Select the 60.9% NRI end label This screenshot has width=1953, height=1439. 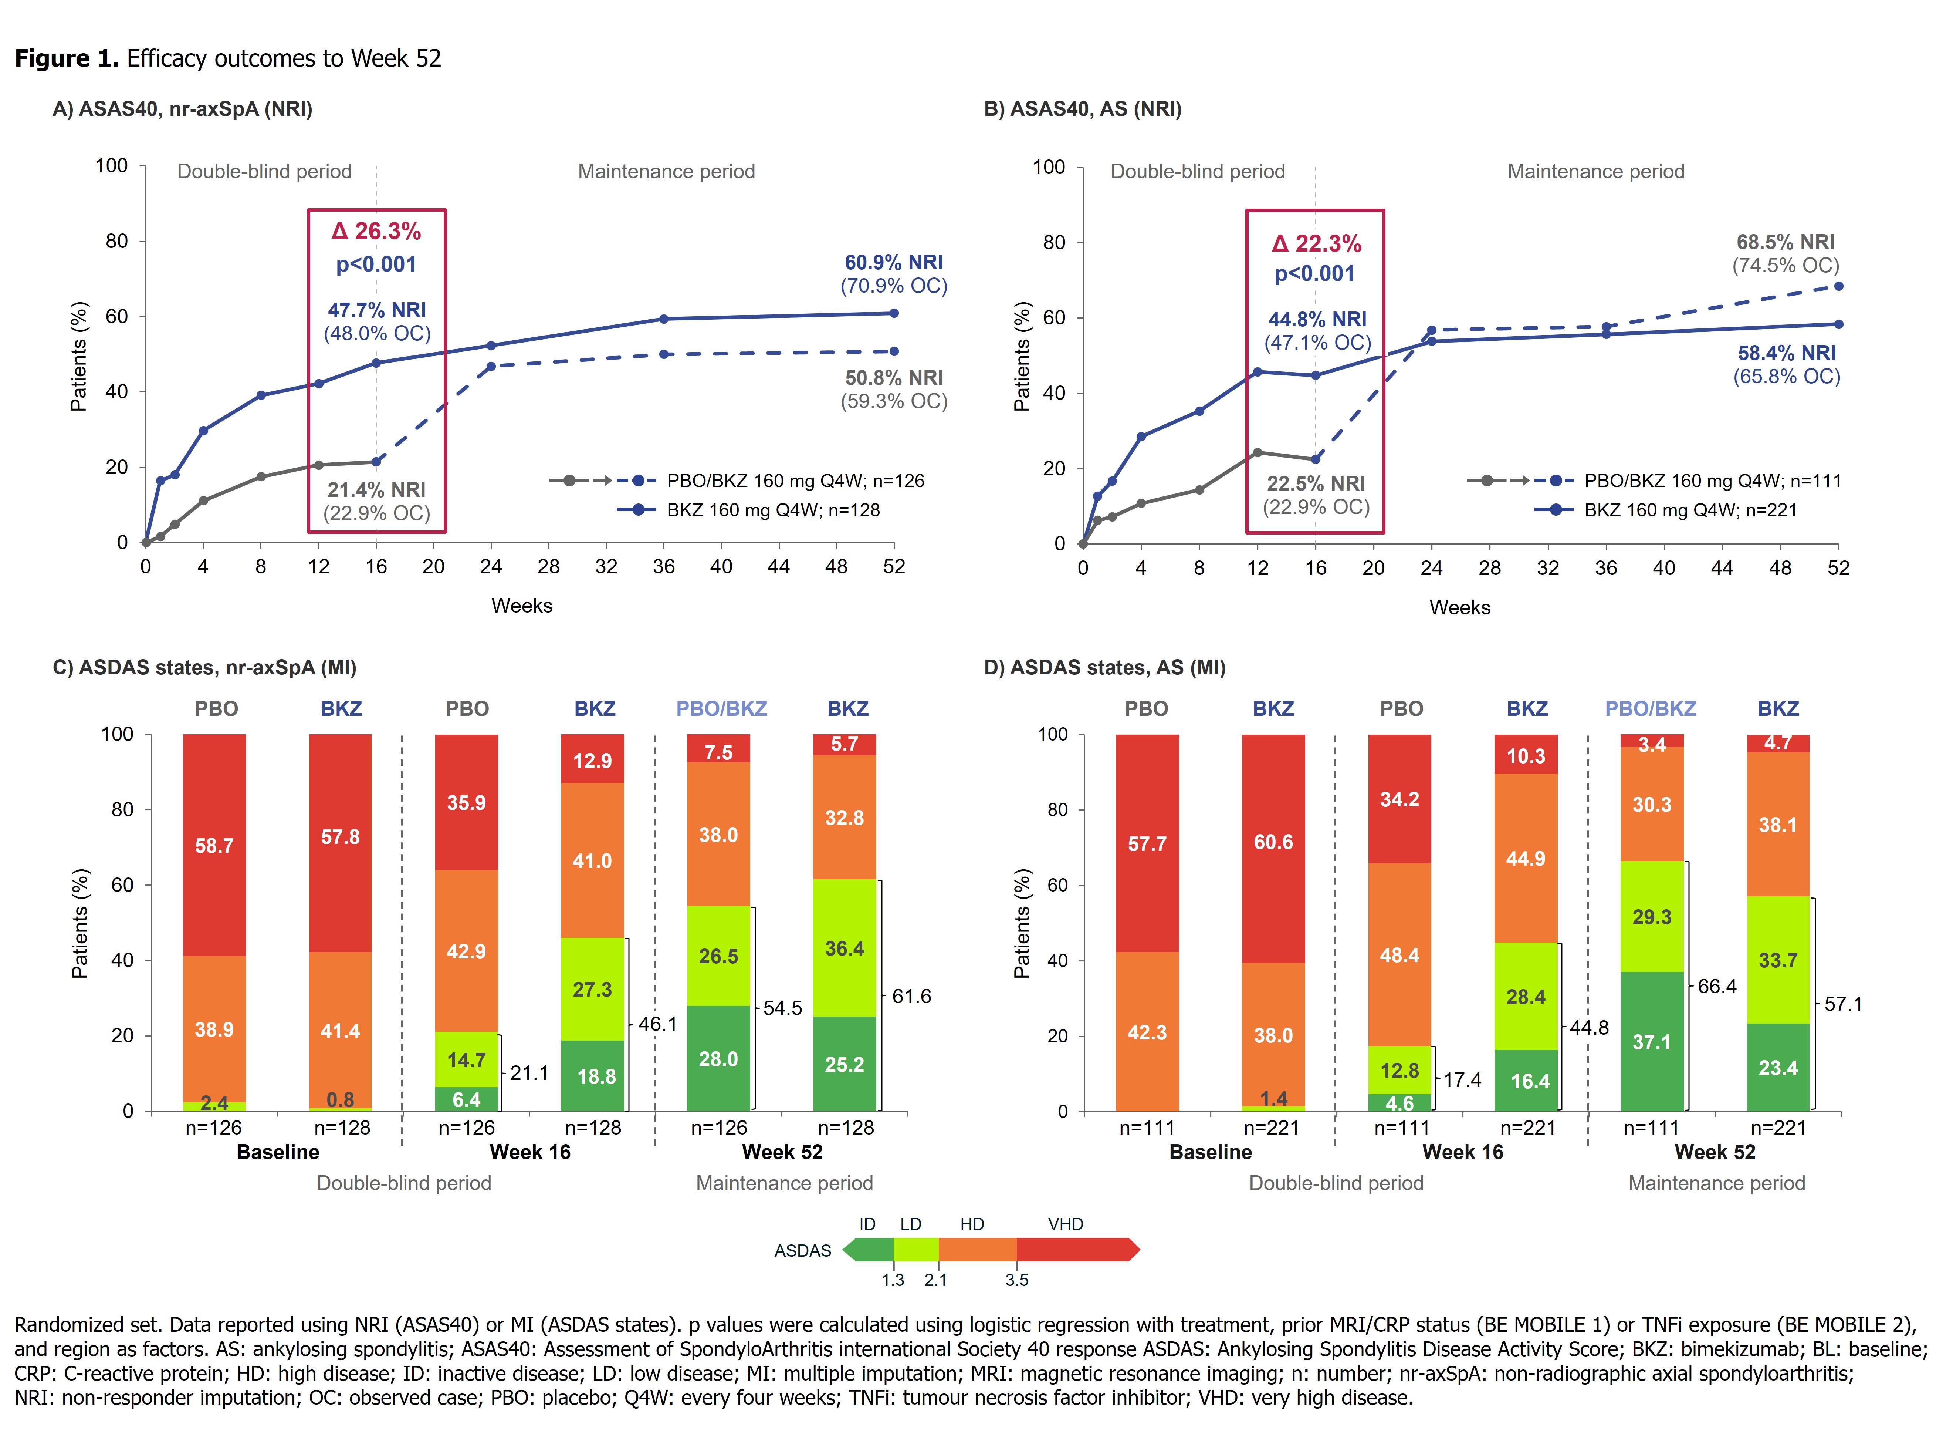pyautogui.click(x=893, y=262)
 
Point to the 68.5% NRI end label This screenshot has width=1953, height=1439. pyautogui.click(x=1785, y=242)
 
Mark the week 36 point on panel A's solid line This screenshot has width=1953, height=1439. pyautogui.click(x=663, y=319)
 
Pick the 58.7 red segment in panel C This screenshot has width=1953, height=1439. pyautogui.click(x=214, y=845)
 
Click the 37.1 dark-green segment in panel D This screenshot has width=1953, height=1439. pyautogui.click(x=1652, y=1042)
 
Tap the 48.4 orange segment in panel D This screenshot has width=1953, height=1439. pyautogui.click(x=1399, y=955)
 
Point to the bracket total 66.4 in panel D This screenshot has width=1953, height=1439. pyautogui.click(x=1717, y=986)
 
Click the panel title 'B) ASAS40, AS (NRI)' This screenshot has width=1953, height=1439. pyautogui.click(x=1082, y=109)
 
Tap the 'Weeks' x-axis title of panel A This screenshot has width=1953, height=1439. pyautogui.click(x=522, y=606)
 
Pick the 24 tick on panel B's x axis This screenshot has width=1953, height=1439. pyautogui.click(x=1431, y=568)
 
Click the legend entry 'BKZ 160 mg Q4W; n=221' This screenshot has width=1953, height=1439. pyautogui.click(x=1690, y=510)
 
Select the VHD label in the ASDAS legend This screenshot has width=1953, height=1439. pyautogui.click(x=1066, y=1224)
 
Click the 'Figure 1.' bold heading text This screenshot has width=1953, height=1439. pyautogui.click(x=66, y=58)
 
